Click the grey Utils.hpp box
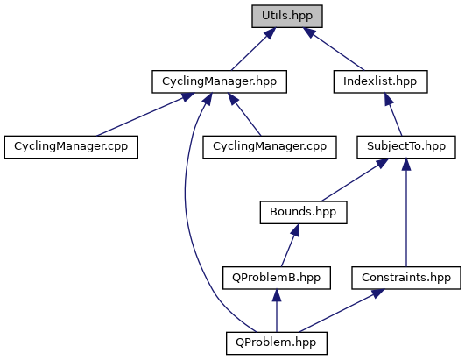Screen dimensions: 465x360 pyautogui.click(x=287, y=17)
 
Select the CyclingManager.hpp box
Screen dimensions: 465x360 pyautogui.click(x=220, y=81)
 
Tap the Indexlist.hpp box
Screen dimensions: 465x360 pyautogui.click(x=380, y=81)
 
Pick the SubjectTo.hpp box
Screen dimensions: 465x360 pyautogui.click(x=406, y=147)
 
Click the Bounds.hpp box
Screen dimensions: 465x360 pyautogui.click(x=303, y=212)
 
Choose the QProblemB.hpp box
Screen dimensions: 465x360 pyautogui.click(x=277, y=278)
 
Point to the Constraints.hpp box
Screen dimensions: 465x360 pyautogui.click(x=406, y=278)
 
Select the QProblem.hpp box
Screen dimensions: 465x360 pyautogui.click(x=277, y=343)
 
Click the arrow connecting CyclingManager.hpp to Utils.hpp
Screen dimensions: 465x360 pyautogui.click(x=254, y=49)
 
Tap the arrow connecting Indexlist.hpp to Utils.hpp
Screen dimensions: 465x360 pyautogui.click(x=334, y=49)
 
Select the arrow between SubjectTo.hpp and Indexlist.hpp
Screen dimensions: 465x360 pyautogui.click(x=393, y=115)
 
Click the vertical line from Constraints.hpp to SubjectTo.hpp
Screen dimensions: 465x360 pyautogui.click(x=406, y=212)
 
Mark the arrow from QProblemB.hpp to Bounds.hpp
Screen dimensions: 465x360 pyautogui.click(x=290, y=245)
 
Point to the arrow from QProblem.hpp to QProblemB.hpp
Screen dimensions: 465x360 pyautogui.click(x=277, y=311)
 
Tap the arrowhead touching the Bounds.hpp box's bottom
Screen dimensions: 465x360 pyautogui.click(x=295, y=230)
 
